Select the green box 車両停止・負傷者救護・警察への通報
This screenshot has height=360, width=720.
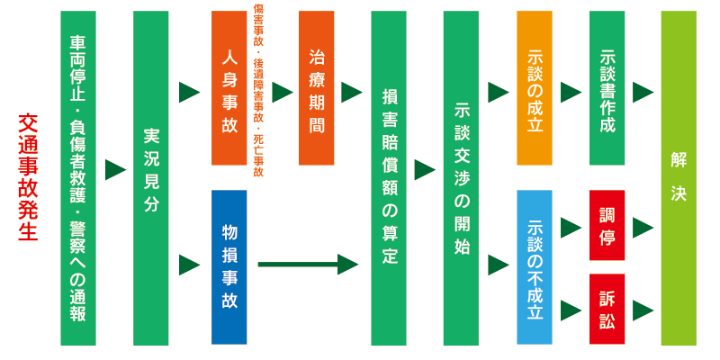point(78,178)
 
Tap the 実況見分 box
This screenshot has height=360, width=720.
point(150,178)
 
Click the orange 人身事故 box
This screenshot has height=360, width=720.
point(229,88)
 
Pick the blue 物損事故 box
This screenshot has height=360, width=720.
point(229,266)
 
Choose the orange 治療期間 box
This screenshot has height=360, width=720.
point(316,88)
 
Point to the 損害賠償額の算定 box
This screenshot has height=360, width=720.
point(389,178)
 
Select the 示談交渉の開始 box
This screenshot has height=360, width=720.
point(462,178)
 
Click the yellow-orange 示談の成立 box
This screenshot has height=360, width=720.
point(535,88)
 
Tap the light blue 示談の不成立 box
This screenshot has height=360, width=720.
point(535,266)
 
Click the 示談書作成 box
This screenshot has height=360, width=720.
point(607,88)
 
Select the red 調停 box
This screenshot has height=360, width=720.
point(607,225)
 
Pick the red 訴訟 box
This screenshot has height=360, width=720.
point(607,309)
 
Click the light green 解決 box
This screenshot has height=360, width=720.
point(679,178)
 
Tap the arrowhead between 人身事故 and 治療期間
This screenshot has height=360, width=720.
point(283,92)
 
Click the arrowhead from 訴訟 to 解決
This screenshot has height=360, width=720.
point(643,310)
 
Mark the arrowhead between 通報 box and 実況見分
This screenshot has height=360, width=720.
point(115,169)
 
